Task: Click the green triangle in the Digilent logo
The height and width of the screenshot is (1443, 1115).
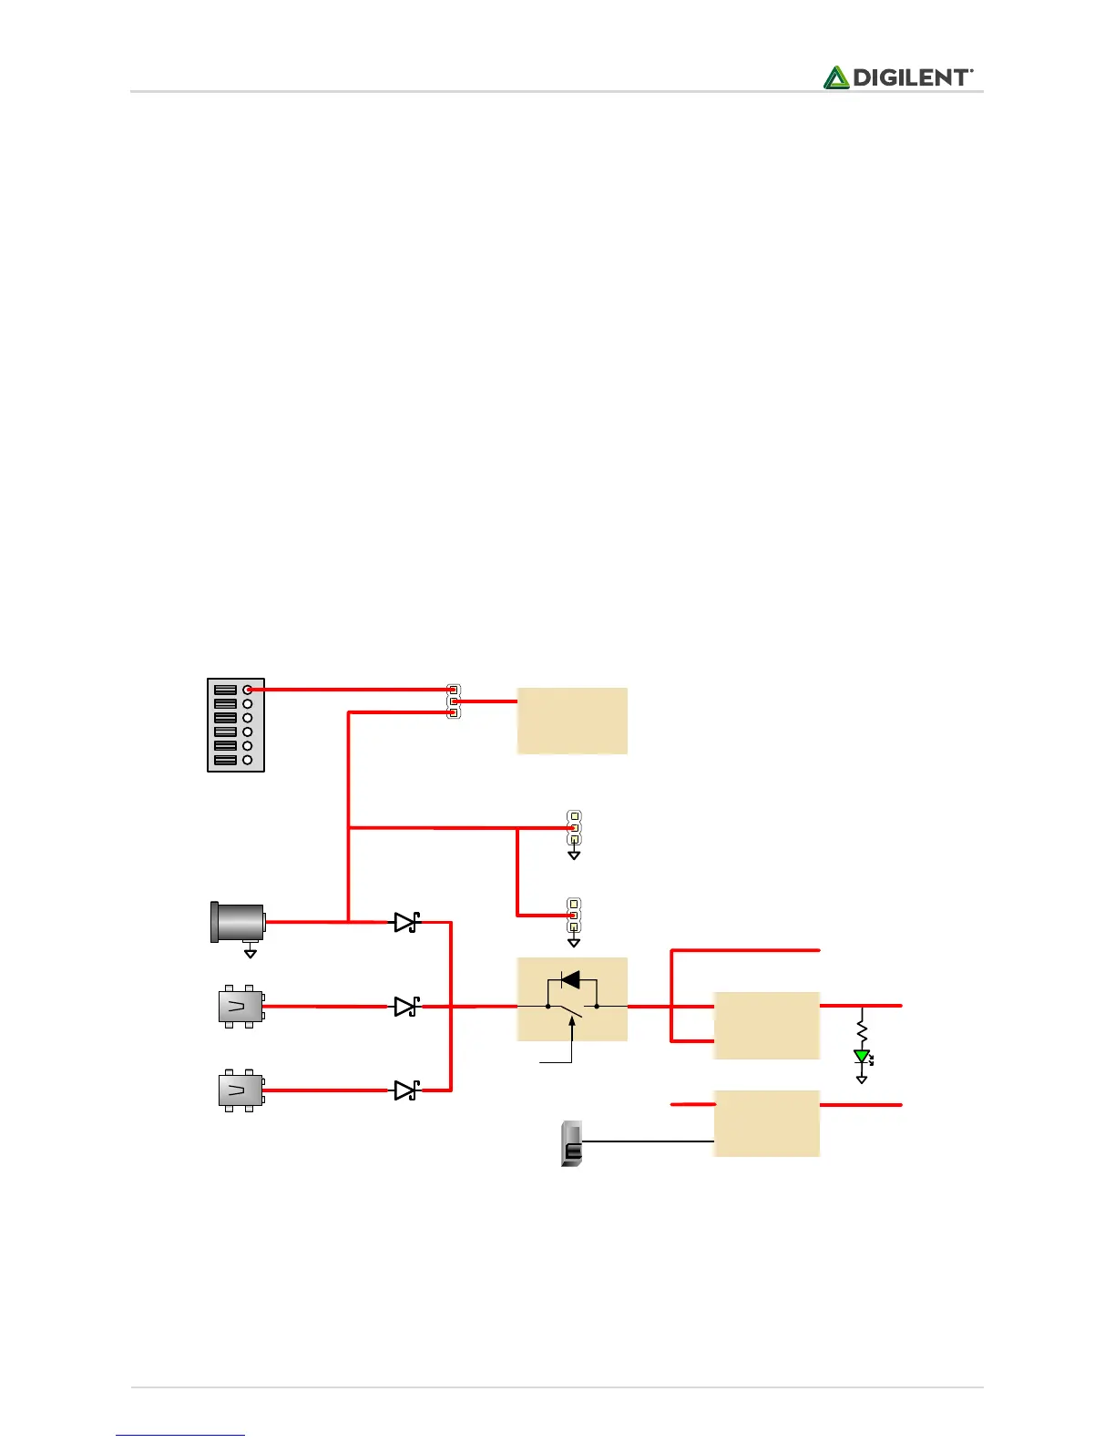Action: click(x=836, y=78)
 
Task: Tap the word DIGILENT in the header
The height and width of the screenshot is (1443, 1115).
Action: click(x=912, y=78)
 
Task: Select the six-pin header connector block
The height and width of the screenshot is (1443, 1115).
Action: click(x=236, y=725)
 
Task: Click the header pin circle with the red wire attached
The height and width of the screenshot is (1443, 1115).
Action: click(x=247, y=691)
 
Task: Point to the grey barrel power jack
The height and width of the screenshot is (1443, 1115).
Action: click(x=238, y=922)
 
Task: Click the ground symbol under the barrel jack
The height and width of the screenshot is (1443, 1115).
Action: click(x=251, y=953)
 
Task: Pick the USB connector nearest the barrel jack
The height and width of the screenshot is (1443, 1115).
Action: click(x=240, y=1006)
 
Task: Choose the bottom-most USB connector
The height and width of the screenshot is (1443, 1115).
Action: click(x=240, y=1090)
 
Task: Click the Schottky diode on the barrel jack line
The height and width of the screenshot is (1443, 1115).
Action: click(x=406, y=922)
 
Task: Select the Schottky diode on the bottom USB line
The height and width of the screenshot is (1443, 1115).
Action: click(x=406, y=1090)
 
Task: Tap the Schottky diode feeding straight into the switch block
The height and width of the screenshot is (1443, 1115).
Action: click(x=406, y=1007)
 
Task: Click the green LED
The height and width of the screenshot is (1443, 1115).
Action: click(x=862, y=1057)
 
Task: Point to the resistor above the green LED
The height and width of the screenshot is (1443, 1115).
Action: click(x=862, y=1030)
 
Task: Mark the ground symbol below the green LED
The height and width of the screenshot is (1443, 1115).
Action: click(x=862, y=1080)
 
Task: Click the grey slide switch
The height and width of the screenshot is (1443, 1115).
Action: click(x=571, y=1144)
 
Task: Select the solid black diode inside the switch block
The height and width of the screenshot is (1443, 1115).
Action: click(x=570, y=980)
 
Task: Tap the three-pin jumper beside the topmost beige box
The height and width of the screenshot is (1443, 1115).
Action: click(x=454, y=701)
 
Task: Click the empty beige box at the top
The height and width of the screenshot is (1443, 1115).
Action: click(x=572, y=721)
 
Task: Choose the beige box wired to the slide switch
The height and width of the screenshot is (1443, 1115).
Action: click(x=767, y=1123)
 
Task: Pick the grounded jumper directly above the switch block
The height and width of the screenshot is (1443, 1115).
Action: click(x=574, y=915)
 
